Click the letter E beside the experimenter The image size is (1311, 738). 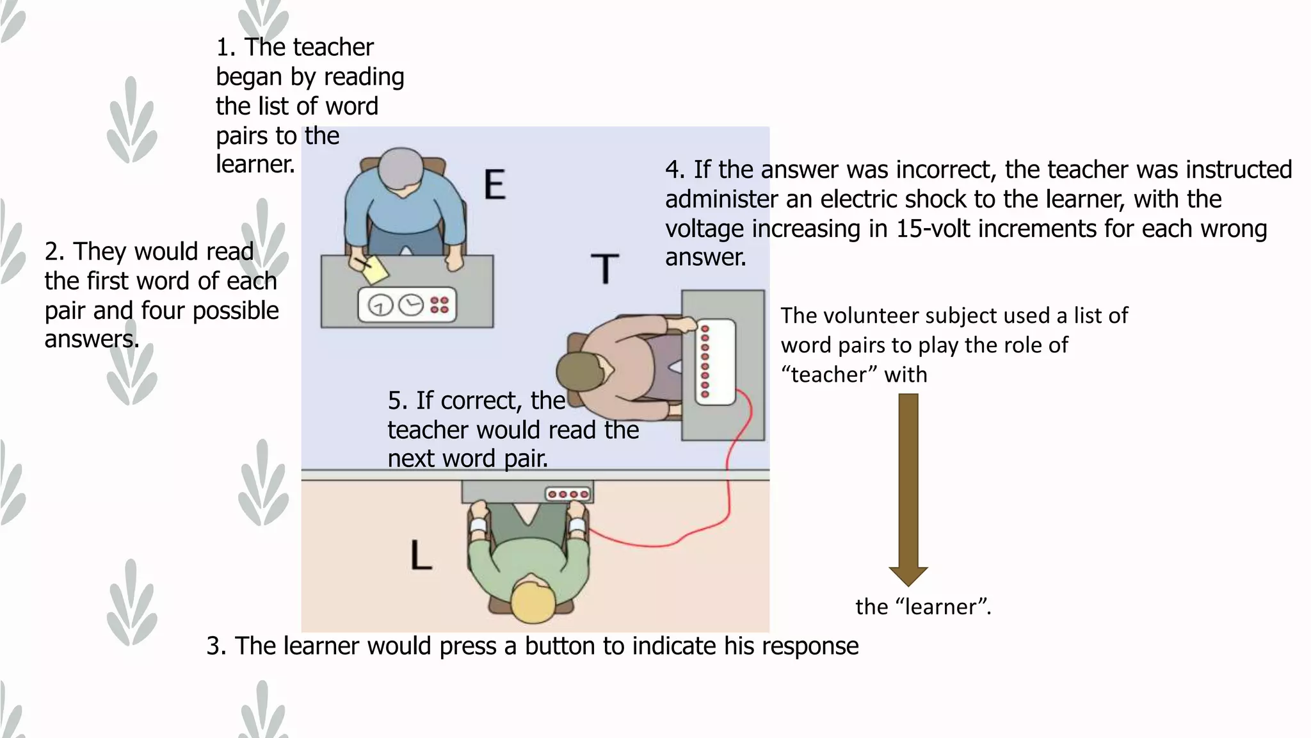[495, 184]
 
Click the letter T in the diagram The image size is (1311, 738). [604, 269]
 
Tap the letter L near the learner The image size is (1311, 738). [421, 555]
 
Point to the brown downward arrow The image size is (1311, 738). [908, 487]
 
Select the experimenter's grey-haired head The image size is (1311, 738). [401, 169]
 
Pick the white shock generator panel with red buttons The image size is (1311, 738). [716, 362]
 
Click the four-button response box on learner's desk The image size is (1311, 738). [568, 494]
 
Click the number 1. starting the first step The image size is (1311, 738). [225, 47]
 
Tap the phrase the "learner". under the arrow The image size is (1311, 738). [923, 607]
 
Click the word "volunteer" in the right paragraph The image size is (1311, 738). [873, 316]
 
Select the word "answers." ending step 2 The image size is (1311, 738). [92, 339]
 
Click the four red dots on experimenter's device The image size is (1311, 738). [439, 305]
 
